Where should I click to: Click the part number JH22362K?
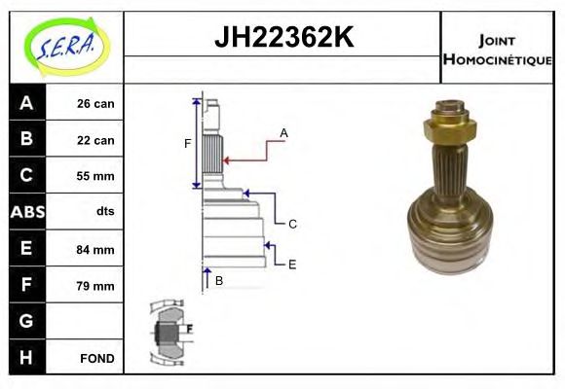pyautogui.click(x=282, y=38)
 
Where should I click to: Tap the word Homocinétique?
pyautogui.click(x=497, y=59)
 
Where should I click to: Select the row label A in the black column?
pyautogui.click(x=26, y=103)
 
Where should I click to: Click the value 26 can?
pyautogui.click(x=95, y=103)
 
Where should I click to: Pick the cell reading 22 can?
pyautogui.click(x=95, y=140)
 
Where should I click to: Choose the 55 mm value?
pyautogui.click(x=95, y=176)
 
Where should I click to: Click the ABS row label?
pyautogui.click(x=26, y=212)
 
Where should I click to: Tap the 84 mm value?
pyautogui.click(x=95, y=249)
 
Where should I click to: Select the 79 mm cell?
pyautogui.click(x=95, y=286)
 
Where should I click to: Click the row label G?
pyautogui.click(x=26, y=321)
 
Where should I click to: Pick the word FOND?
pyautogui.click(x=97, y=358)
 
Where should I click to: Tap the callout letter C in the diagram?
pyautogui.click(x=292, y=224)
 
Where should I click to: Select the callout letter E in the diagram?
pyautogui.click(x=292, y=264)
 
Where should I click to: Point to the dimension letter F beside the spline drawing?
pyautogui.click(x=188, y=144)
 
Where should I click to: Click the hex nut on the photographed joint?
pyautogui.click(x=450, y=124)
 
